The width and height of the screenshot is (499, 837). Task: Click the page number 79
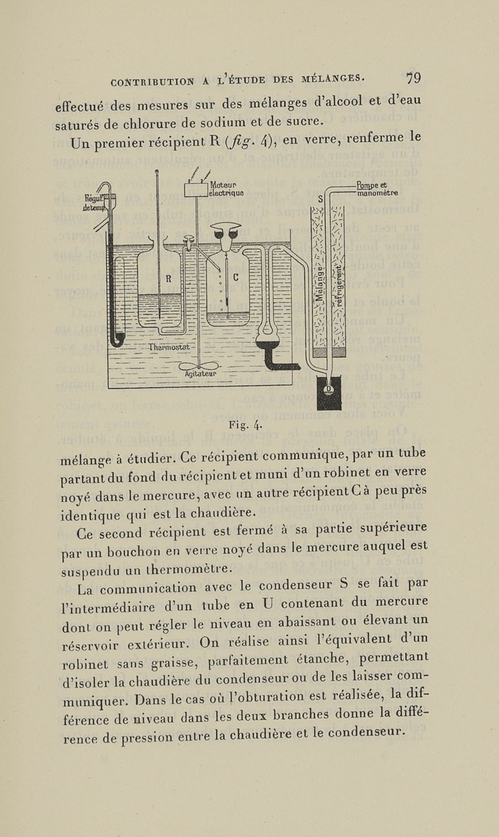(x=413, y=79)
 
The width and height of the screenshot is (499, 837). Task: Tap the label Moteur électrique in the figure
(x=226, y=188)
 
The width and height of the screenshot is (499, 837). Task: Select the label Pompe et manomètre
(x=376, y=188)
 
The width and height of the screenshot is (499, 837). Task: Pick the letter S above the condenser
(x=321, y=200)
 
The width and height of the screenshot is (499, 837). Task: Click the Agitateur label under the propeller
(x=200, y=374)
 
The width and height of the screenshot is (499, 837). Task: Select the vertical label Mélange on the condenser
(x=319, y=281)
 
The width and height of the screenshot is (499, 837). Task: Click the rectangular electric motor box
(x=196, y=189)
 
